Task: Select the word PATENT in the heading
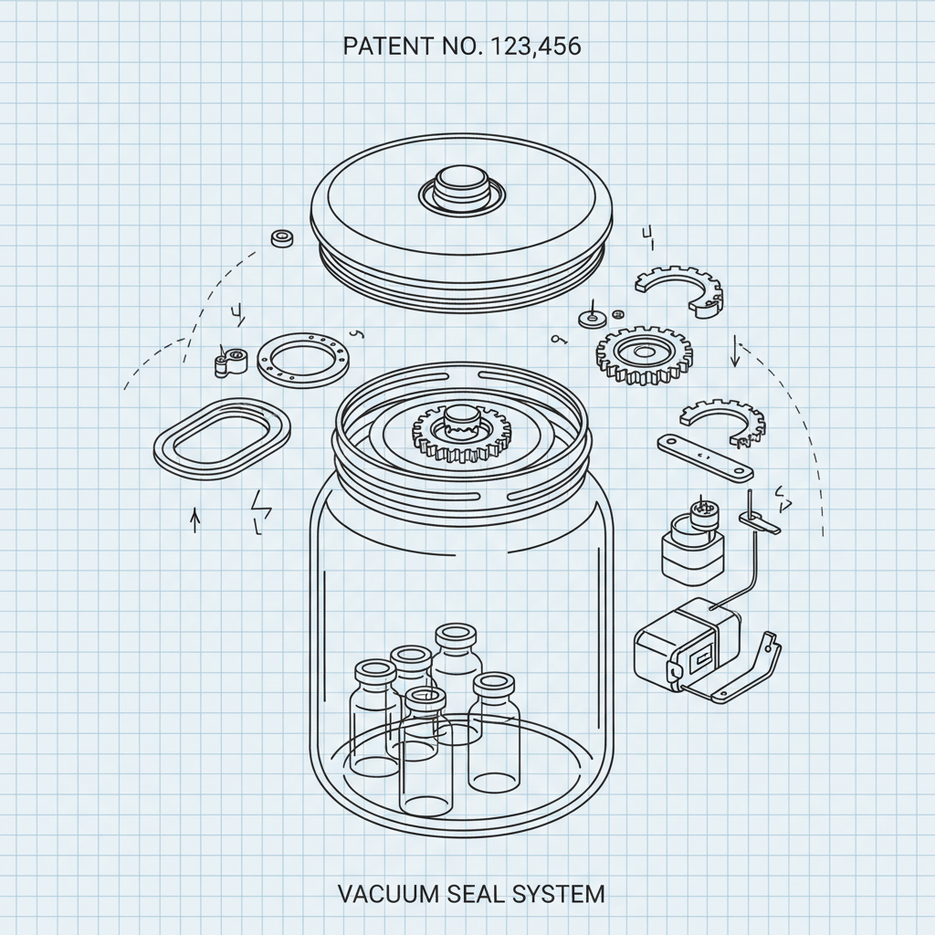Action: click(x=380, y=47)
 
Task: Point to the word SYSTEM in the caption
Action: click(x=560, y=893)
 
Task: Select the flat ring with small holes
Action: click(x=305, y=360)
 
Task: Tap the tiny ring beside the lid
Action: click(x=283, y=239)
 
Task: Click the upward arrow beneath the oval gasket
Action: click(x=194, y=520)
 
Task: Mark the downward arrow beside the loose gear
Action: click(x=735, y=352)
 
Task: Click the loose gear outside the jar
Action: click(x=644, y=352)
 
